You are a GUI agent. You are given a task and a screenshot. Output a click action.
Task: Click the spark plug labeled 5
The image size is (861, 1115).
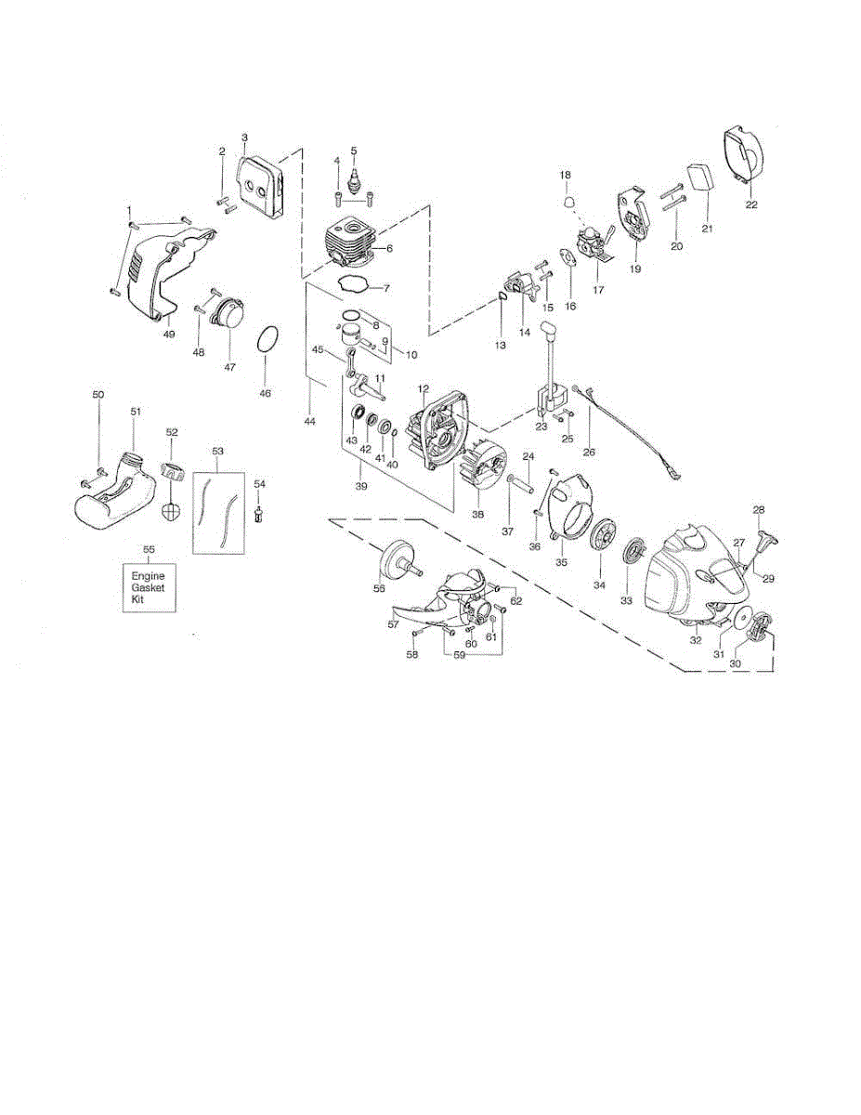[354, 177]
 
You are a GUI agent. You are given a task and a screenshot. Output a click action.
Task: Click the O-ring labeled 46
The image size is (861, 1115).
[266, 340]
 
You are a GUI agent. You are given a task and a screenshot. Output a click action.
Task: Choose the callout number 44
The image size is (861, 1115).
[309, 422]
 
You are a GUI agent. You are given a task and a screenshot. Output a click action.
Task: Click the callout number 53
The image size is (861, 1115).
[218, 451]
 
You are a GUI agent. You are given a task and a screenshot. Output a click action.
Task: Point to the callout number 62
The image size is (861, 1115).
[516, 600]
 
